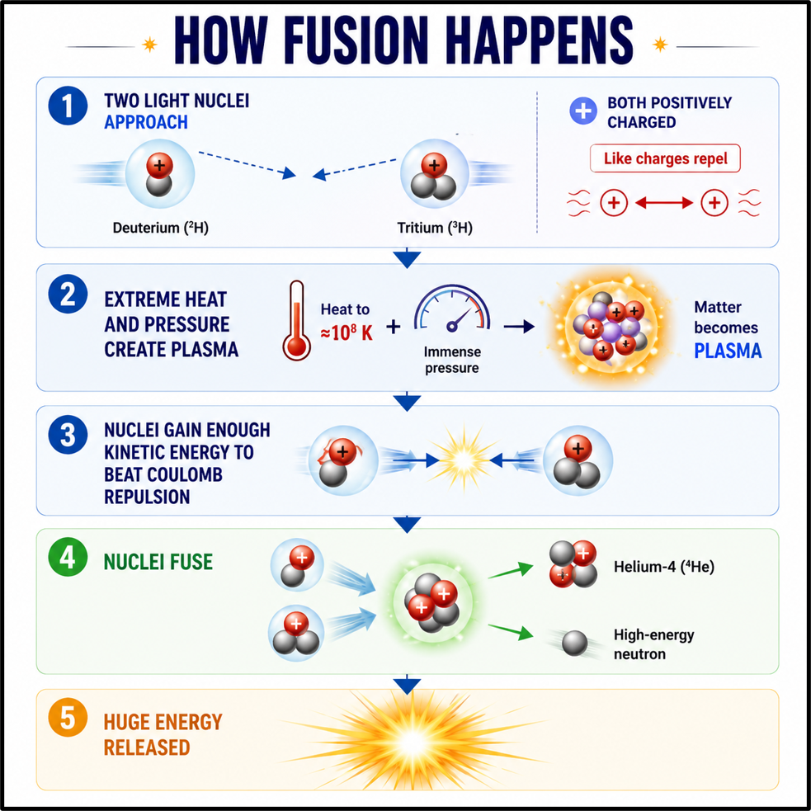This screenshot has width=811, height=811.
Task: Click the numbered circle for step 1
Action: pos(68,106)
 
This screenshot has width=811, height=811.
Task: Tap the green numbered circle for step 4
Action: pos(68,558)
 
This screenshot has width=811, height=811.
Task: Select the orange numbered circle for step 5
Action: pos(68,718)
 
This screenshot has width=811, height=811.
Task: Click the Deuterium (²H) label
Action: pos(160,228)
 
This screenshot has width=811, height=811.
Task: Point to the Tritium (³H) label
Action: pos(435,228)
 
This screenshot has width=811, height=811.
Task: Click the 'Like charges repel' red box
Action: pos(665,158)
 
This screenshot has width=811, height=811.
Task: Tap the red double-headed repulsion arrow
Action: pos(664,203)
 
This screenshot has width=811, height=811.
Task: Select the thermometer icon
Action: pos(296,320)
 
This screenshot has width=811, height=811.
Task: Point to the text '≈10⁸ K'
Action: pos(347,332)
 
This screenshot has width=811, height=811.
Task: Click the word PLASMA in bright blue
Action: pos(728,351)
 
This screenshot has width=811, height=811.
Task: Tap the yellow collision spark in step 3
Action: pos(464,459)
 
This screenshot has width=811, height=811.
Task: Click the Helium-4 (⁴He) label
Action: pos(664,567)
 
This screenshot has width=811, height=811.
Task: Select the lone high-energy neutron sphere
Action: pos(575,644)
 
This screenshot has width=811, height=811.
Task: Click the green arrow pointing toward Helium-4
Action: pos(511,570)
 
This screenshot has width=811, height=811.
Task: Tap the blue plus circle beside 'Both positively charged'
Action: pos(583,111)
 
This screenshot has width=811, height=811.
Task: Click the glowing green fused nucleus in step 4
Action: pos(432,601)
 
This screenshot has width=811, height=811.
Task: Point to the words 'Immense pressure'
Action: pos(452,360)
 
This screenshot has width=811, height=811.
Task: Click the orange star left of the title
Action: pos(149,45)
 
